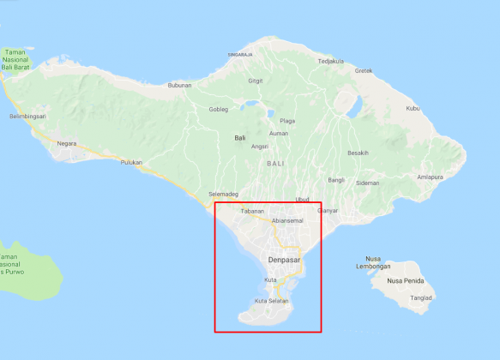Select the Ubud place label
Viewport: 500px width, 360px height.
click(x=302, y=200)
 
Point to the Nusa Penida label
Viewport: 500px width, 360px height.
click(x=406, y=280)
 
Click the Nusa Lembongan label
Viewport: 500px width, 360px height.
click(x=372, y=261)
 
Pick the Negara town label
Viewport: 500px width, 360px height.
click(x=66, y=143)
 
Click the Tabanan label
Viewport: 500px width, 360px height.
click(x=252, y=211)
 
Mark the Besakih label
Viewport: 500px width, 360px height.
click(x=358, y=153)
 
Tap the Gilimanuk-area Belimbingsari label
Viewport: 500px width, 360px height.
click(x=27, y=116)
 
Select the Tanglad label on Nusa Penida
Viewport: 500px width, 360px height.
click(x=421, y=298)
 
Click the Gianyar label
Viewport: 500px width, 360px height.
click(x=328, y=210)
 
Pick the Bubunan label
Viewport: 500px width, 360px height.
click(x=179, y=85)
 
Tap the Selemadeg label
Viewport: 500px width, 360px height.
click(x=223, y=195)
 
